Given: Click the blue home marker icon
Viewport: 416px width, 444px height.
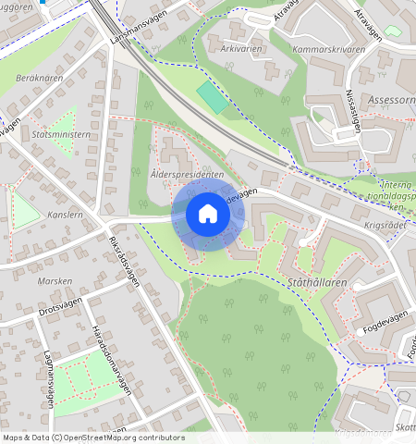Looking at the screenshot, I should pyautogui.click(x=208, y=214).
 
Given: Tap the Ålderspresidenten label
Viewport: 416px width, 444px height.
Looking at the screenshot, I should pyautogui.click(x=186, y=174).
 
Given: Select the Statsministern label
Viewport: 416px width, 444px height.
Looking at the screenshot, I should pyautogui.click(x=60, y=134).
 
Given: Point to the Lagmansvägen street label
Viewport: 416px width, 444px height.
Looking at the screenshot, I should pyautogui.click(x=46, y=379).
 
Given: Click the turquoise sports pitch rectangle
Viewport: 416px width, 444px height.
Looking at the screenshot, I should pyautogui.click(x=212, y=97).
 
